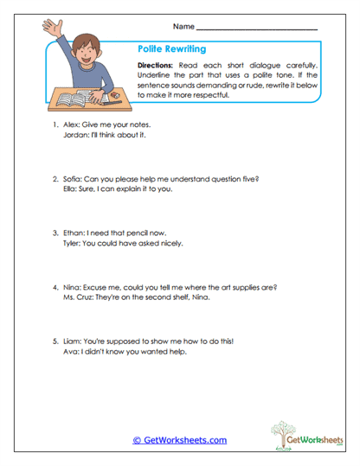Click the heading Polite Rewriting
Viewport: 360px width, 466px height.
(171, 49)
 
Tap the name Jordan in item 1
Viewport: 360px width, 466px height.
(75, 137)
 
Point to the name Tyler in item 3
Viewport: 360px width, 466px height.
(73, 244)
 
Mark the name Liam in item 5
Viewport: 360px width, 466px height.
(72, 340)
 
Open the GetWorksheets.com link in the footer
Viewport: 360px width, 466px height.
(179, 440)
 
